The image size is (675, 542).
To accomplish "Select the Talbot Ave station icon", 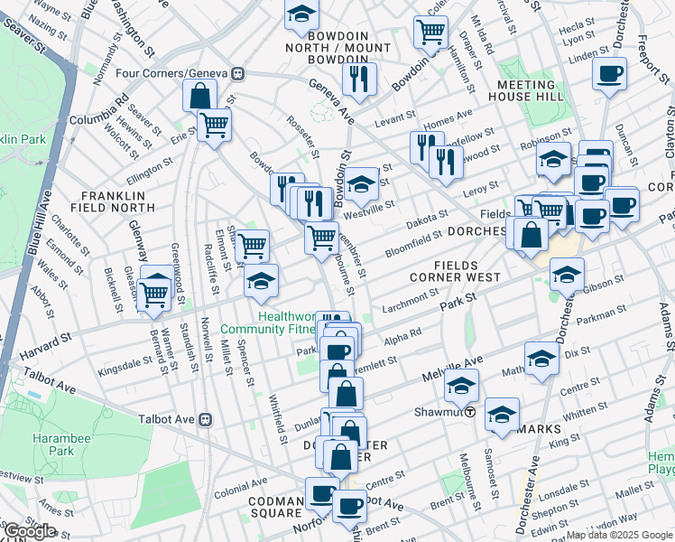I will [x=206, y=419].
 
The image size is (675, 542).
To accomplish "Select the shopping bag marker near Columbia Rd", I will [x=199, y=96].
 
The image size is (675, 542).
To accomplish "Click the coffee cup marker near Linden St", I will [x=610, y=73].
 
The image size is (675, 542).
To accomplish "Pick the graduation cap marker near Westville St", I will [x=361, y=187].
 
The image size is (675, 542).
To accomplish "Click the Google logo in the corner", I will [x=31, y=531].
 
